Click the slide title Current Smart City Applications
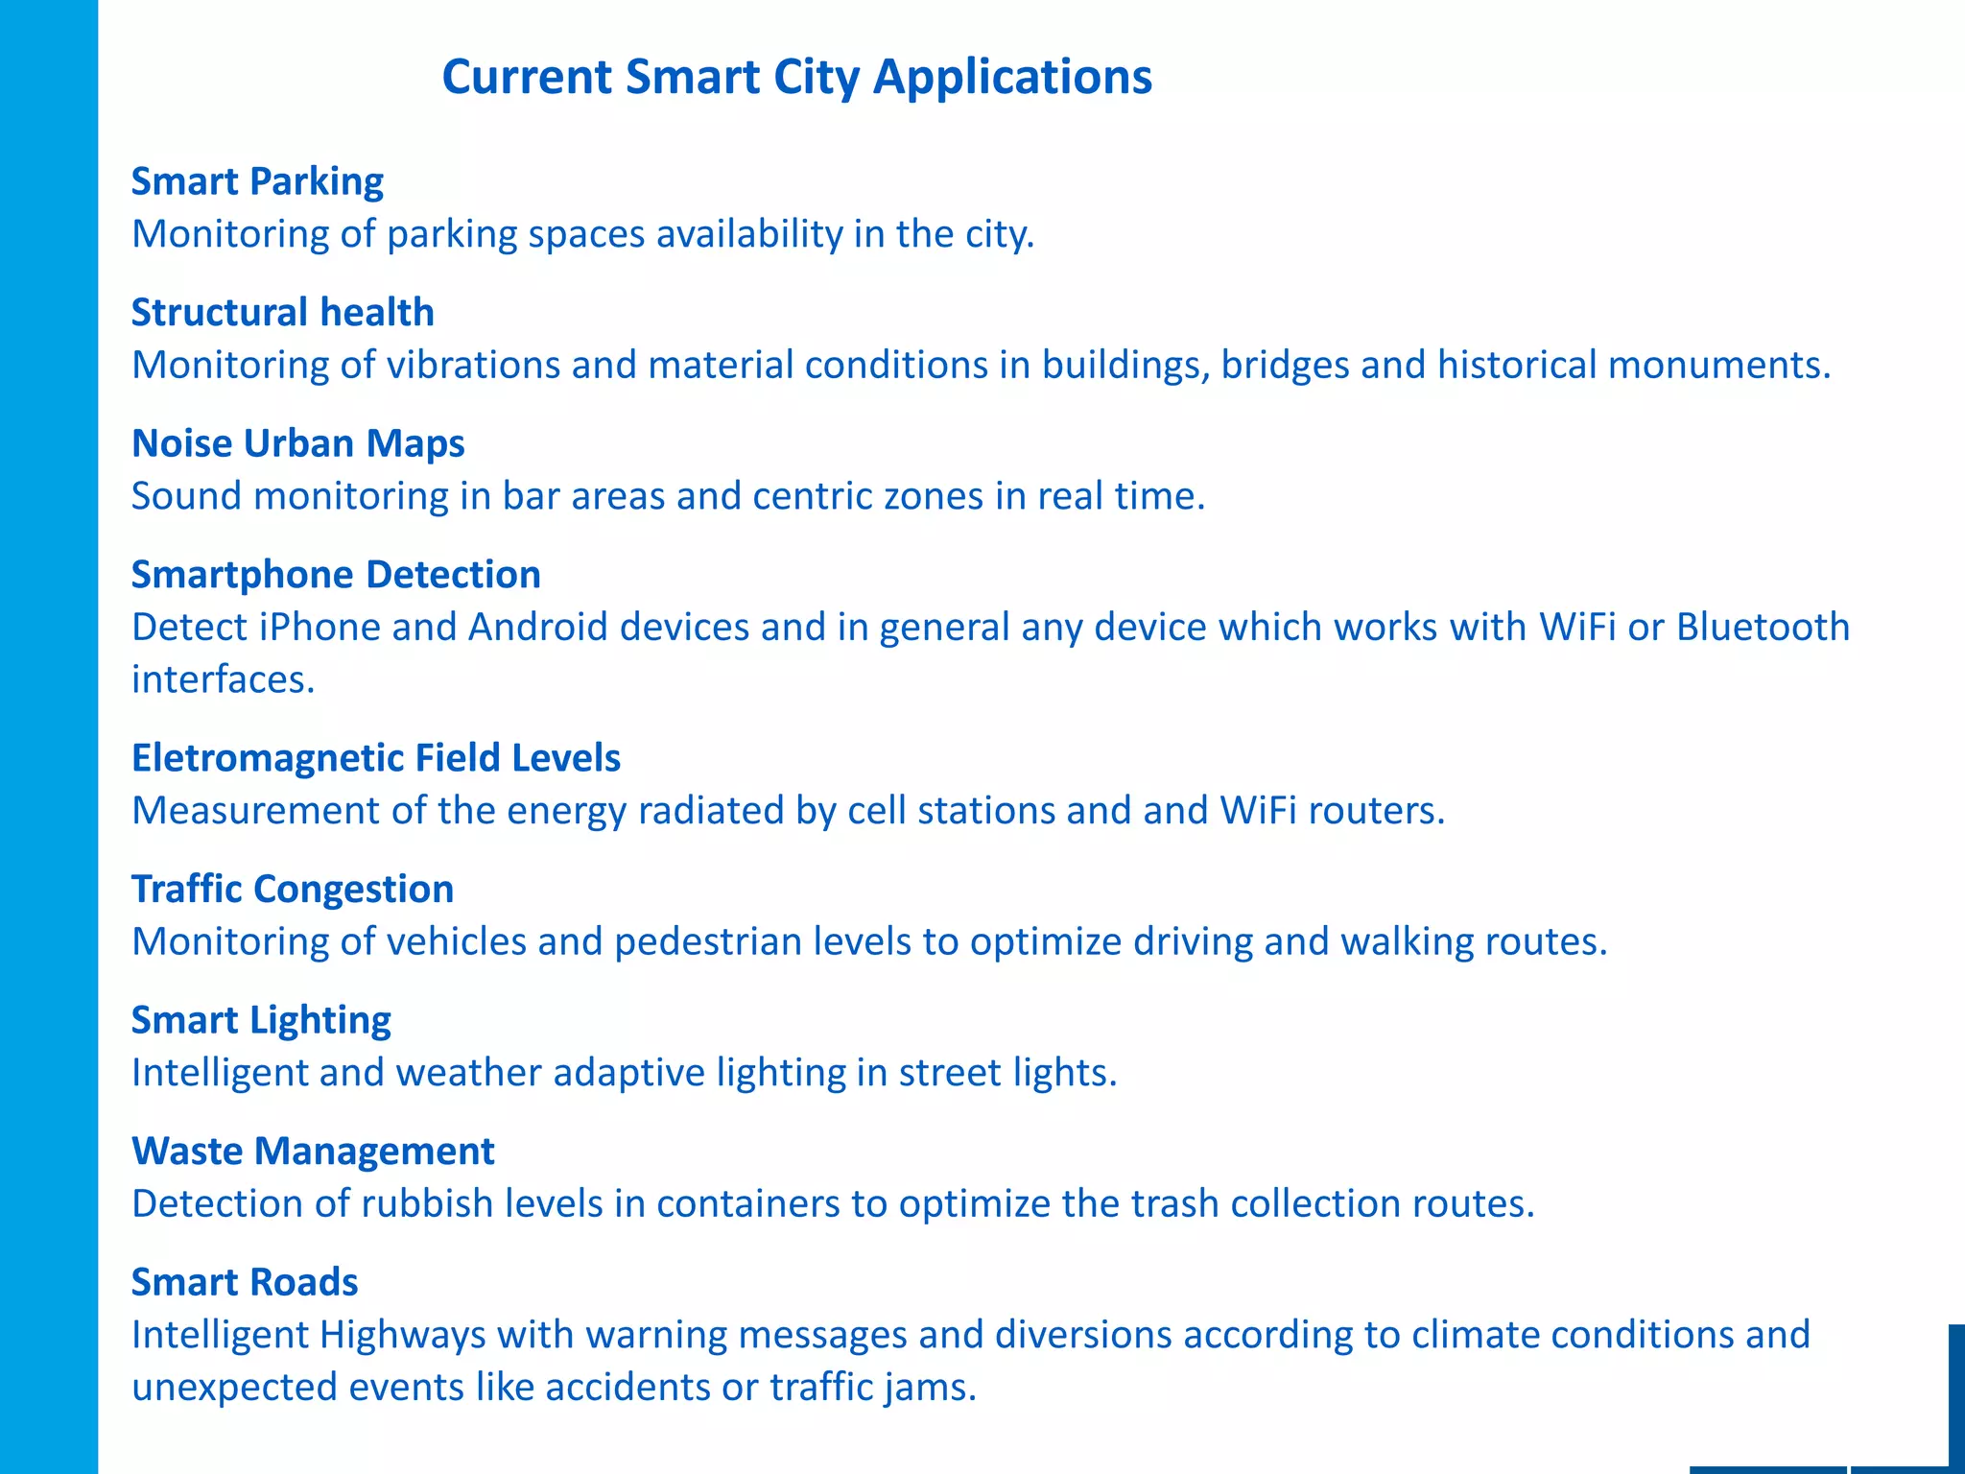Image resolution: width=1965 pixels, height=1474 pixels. coord(796,77)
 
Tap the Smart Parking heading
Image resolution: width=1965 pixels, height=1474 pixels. coord(257,181)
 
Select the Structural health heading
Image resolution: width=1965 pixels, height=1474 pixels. coord(282,313)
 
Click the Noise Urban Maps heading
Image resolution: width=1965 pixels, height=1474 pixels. coord(297,443)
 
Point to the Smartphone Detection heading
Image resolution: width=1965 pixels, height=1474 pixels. coord(336,575)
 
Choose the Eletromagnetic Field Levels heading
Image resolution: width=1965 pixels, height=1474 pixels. coord(375,758)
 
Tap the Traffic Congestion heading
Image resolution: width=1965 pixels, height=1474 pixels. coord(292,890)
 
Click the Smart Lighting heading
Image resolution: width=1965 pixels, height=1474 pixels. coord(261,1020)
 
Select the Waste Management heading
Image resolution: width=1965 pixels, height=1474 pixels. coord(313,1152)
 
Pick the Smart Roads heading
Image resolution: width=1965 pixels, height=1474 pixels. coord(245,1282)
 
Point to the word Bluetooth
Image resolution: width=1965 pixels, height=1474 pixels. coord(1763,628)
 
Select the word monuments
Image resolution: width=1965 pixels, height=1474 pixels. coord(1718,366)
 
